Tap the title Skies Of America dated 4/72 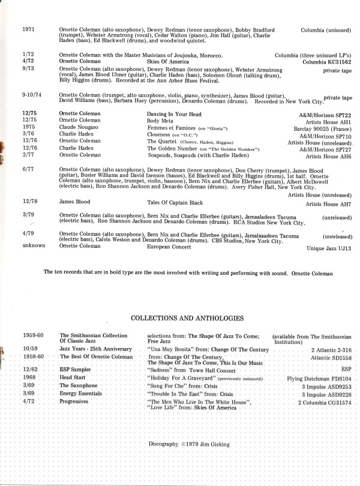[168, 61]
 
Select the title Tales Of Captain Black [175, 204]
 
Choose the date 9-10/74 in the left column [32, 95]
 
